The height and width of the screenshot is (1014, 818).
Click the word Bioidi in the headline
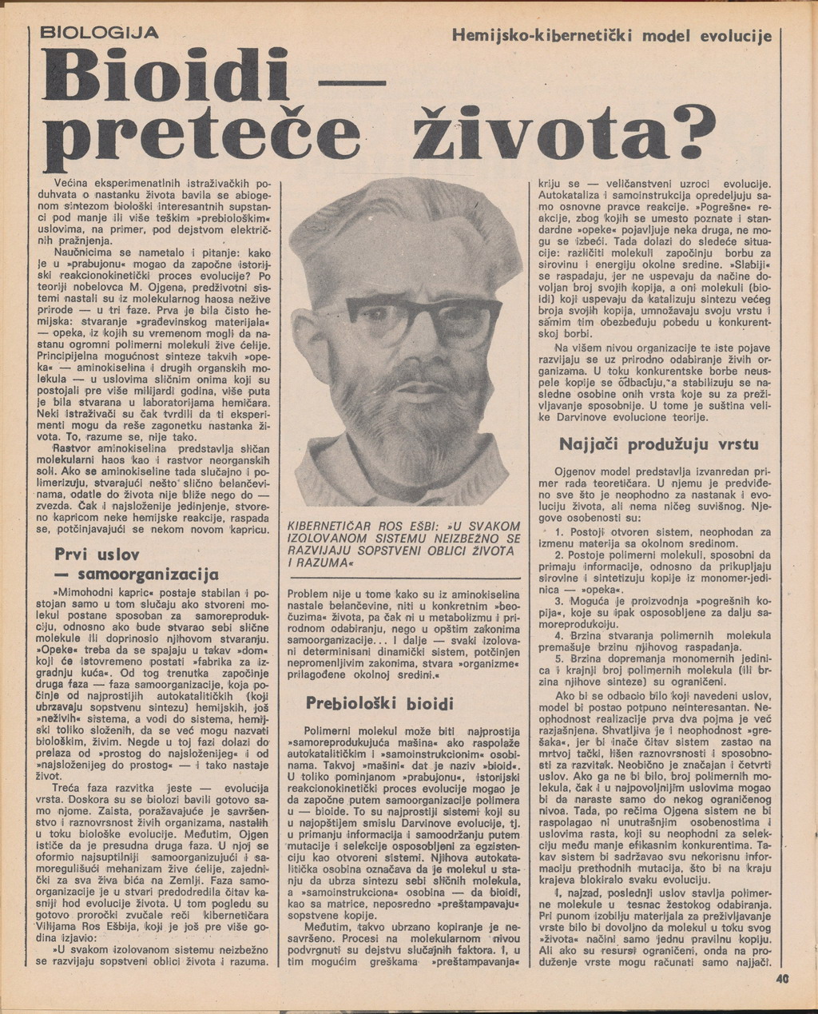167,78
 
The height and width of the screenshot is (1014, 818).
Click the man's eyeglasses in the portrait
415,320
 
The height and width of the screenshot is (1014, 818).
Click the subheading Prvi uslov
97,554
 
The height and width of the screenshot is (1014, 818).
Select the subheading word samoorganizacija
148,575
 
